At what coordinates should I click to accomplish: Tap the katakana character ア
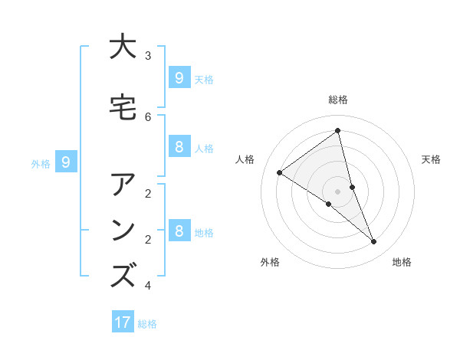pyautogui.click(x=123, y=186)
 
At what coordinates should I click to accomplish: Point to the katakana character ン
pyautogui.click(x=123, y=230)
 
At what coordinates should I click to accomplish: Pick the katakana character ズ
pyautogui.click(x=123, y=274)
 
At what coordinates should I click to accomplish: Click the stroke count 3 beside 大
pyautogui.click(x=148, y=56)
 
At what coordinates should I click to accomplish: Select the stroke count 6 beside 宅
pyautogui.click(x=148, y=116)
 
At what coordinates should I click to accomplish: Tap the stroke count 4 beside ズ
pyautogui.click(x=148, y=286)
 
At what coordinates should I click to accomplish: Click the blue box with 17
pyautogui.click(x=123, y=322)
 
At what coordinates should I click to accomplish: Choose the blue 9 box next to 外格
pyautogui.click(x=66, y=162)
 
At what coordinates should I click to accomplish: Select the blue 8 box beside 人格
pyautogui.click(x=179, y=147)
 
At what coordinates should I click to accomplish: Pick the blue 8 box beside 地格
pyautogui.click(x=179, y=231)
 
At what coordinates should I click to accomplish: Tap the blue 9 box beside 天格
pyautogui.click(x=179, y=78)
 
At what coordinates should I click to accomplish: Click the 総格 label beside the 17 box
pyautogui.click(x=147, y=324)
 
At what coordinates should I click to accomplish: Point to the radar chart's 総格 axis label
pyautogui.click(x=338, y=100)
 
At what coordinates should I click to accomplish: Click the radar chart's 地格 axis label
pyautogui.click(x=402, y=262)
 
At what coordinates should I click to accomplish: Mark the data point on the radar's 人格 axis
pyautogui.click(x=280, y=172)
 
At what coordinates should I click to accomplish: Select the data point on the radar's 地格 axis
pyautogui.click(x=374, y=241)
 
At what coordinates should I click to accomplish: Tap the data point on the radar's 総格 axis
pyautogui.click(x=338, y=131)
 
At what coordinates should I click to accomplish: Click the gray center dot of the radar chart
pyautogui.click(x=338, y=191)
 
